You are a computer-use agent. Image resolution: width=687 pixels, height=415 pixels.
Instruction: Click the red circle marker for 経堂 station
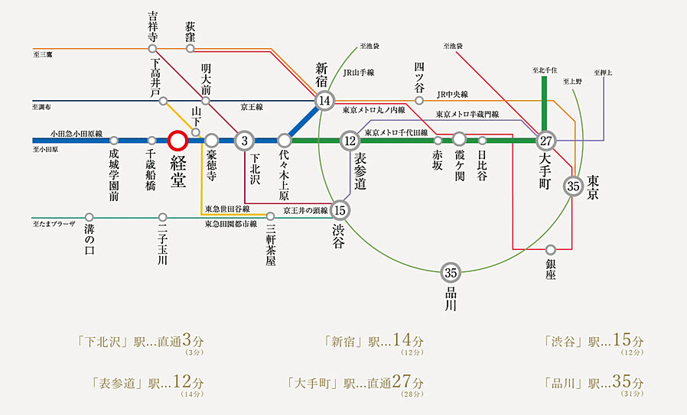pyautogui.click(x=177, y=140)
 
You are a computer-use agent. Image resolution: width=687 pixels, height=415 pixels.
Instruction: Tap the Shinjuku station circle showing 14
pyautogui.click(x=325, y=100)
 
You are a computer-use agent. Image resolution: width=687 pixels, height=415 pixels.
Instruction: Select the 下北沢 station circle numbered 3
pyautogui.click(x=244, y=140)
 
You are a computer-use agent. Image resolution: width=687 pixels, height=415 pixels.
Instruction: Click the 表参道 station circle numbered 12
pyautogui.click(x=350, y=140)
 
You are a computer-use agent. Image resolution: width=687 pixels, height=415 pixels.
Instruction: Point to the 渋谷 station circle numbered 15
pyautogui.click(x=341, y=210)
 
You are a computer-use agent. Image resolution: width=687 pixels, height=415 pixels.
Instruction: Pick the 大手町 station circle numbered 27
pyautogui.click(x=545, y=140)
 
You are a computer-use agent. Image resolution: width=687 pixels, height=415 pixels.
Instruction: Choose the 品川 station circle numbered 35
pyautogui.click(x=451, y=273)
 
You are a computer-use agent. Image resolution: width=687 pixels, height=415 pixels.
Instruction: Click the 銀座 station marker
pyautogui.click(x=551, y=249)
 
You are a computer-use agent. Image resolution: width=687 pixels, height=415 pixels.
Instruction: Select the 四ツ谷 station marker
pyautogui.click(x=419, y=100)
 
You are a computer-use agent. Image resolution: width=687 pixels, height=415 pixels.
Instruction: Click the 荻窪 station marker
pyautogui.click(x=190, y=49)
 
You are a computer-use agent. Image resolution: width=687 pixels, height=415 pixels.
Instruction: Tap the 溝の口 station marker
pyautogui.click(x=90, y=217)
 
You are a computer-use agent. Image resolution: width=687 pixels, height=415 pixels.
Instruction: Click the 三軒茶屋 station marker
pyautogui.click(x=270, y=216)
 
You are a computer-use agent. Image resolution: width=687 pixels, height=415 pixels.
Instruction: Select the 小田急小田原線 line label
pyautogui.click(x=77, y=132)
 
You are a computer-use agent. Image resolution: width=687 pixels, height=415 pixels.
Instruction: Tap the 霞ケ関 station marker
pyautogui.click(x=459, y=140)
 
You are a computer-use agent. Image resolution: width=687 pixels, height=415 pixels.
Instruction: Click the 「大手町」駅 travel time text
pyautogui.click(x=355, y=382)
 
